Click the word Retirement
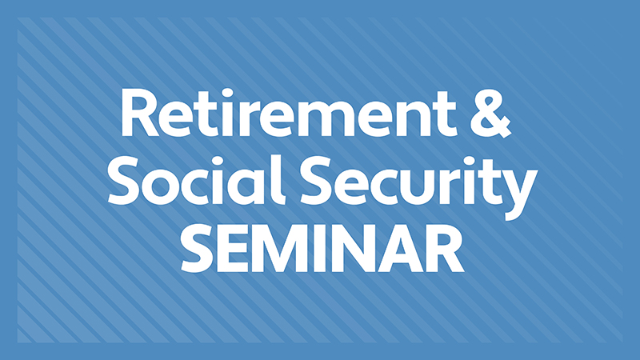pos(289,113)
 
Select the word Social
pos(195,180)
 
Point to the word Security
pos(418,188)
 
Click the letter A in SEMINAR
pos(398,248)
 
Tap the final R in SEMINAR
pos(446,248)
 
